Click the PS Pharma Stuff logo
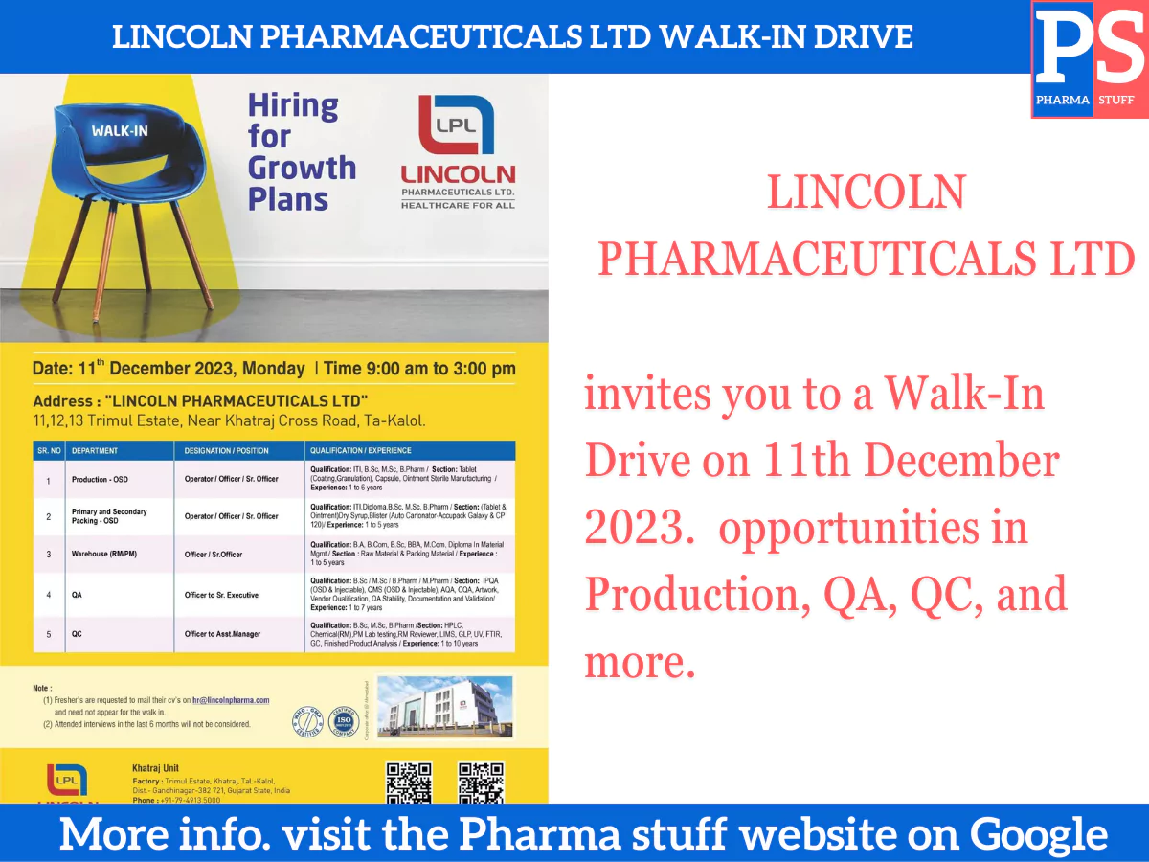click(1090, 59)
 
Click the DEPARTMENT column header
click(95, 450)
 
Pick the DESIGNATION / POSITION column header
click(227, 450)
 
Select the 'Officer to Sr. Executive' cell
click(221, 595)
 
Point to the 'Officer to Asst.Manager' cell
click(222, 634)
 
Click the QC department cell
click(77, 634)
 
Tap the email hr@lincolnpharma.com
click(231, 700)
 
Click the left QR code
click(408, 782)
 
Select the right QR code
click(481, 782)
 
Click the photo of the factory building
click(444, 706)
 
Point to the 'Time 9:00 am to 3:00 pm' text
click(419, 369)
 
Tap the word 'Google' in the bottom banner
click(1039, 834)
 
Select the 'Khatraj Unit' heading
click(155, 768)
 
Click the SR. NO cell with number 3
click(48, 554)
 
